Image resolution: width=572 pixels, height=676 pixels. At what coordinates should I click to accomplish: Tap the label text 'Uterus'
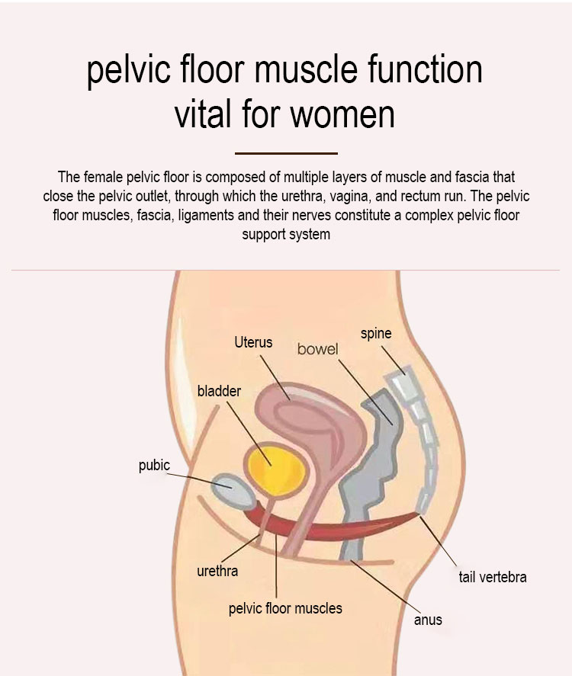[253, 342]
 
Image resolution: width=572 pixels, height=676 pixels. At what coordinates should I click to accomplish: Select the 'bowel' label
[317, 349]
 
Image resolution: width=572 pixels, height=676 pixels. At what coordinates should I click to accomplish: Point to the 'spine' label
[376, 333]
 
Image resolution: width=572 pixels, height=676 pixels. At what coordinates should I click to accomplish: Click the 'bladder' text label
[219, 391]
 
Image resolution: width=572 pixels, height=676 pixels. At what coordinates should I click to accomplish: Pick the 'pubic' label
[154, 465]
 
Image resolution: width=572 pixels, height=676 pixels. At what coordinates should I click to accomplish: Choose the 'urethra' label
[217, 570]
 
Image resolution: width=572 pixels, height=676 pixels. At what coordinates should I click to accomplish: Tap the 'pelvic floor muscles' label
[285, 608]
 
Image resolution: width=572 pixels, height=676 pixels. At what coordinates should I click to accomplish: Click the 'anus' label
[428, 619]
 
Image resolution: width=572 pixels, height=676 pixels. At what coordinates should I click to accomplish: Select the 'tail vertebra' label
[492, 577]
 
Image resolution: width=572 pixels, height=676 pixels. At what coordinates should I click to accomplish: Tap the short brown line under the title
[286, 153]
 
